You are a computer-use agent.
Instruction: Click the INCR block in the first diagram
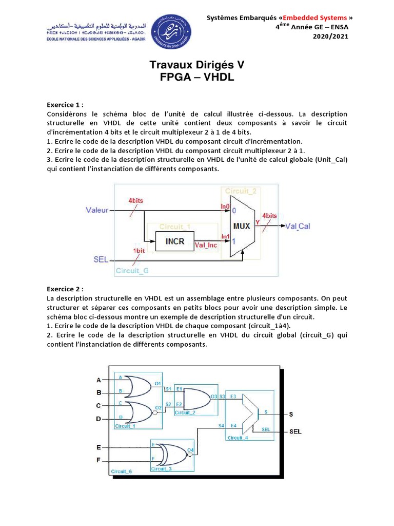174,241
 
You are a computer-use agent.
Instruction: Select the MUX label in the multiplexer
242,226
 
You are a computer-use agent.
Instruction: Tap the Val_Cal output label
298,226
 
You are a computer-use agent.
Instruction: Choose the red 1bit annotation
139,250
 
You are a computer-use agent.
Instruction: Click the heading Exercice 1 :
65,104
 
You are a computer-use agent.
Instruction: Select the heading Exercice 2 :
65,289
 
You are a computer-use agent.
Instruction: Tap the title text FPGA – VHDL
197,78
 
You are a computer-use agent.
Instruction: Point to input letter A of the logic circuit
99,380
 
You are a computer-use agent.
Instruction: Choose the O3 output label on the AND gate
214,397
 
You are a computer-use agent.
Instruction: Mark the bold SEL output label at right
295,431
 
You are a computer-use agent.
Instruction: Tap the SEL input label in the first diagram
101,260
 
